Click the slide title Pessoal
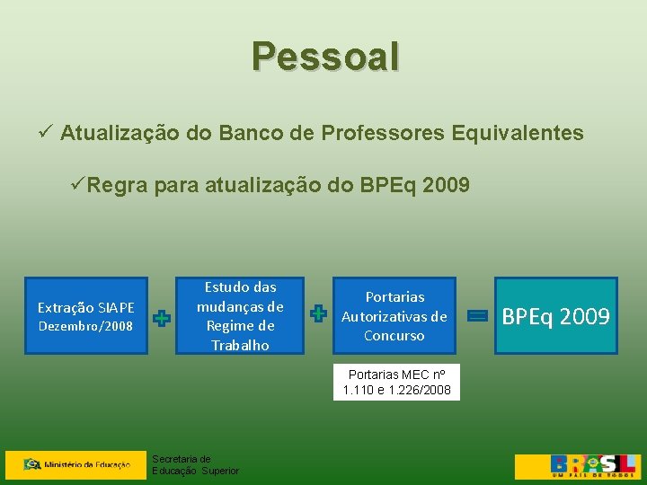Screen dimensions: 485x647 click(325, 56)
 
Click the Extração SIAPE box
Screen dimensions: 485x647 click(85, 316)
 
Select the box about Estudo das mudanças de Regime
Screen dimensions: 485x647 click(240, 316)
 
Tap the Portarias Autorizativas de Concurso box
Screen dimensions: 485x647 click(394, 316)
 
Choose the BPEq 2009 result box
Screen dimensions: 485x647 click(555, 316)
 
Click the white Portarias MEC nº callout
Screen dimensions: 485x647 click(396, 382)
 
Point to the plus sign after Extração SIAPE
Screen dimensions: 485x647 click(162, 318)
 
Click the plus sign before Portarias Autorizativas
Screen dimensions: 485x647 click(317, 313)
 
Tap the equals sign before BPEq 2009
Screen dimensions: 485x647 click(478, 315)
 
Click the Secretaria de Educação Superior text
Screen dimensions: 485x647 click(195, 464)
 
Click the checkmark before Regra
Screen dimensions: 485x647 click(78, 186)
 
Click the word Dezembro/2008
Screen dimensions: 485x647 click(85, 325)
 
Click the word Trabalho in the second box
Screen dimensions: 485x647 click(240, 346)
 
